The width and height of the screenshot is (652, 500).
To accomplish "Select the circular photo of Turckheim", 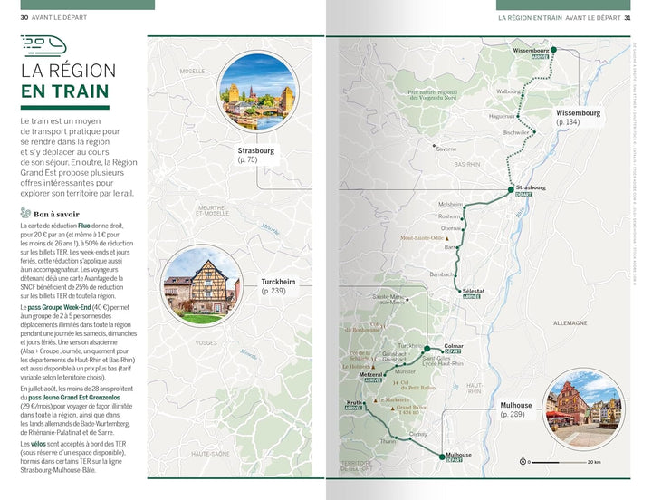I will [x=202, y=286].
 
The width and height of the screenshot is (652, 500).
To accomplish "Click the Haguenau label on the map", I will [x=502, y=116].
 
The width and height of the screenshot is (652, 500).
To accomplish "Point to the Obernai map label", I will [x=451, y=228].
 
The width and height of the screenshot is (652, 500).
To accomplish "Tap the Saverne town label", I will [x=446, y=149].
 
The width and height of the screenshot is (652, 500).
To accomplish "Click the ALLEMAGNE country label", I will [x=570, y=322].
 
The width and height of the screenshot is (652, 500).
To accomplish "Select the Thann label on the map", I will [x=388, y=441].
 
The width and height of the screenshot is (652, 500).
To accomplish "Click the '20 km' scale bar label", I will [x=594, y=462].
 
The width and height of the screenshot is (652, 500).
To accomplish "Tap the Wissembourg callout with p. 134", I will [x=578, y=117].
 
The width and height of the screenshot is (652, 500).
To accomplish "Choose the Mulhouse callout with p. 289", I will [x=516, y=409].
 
